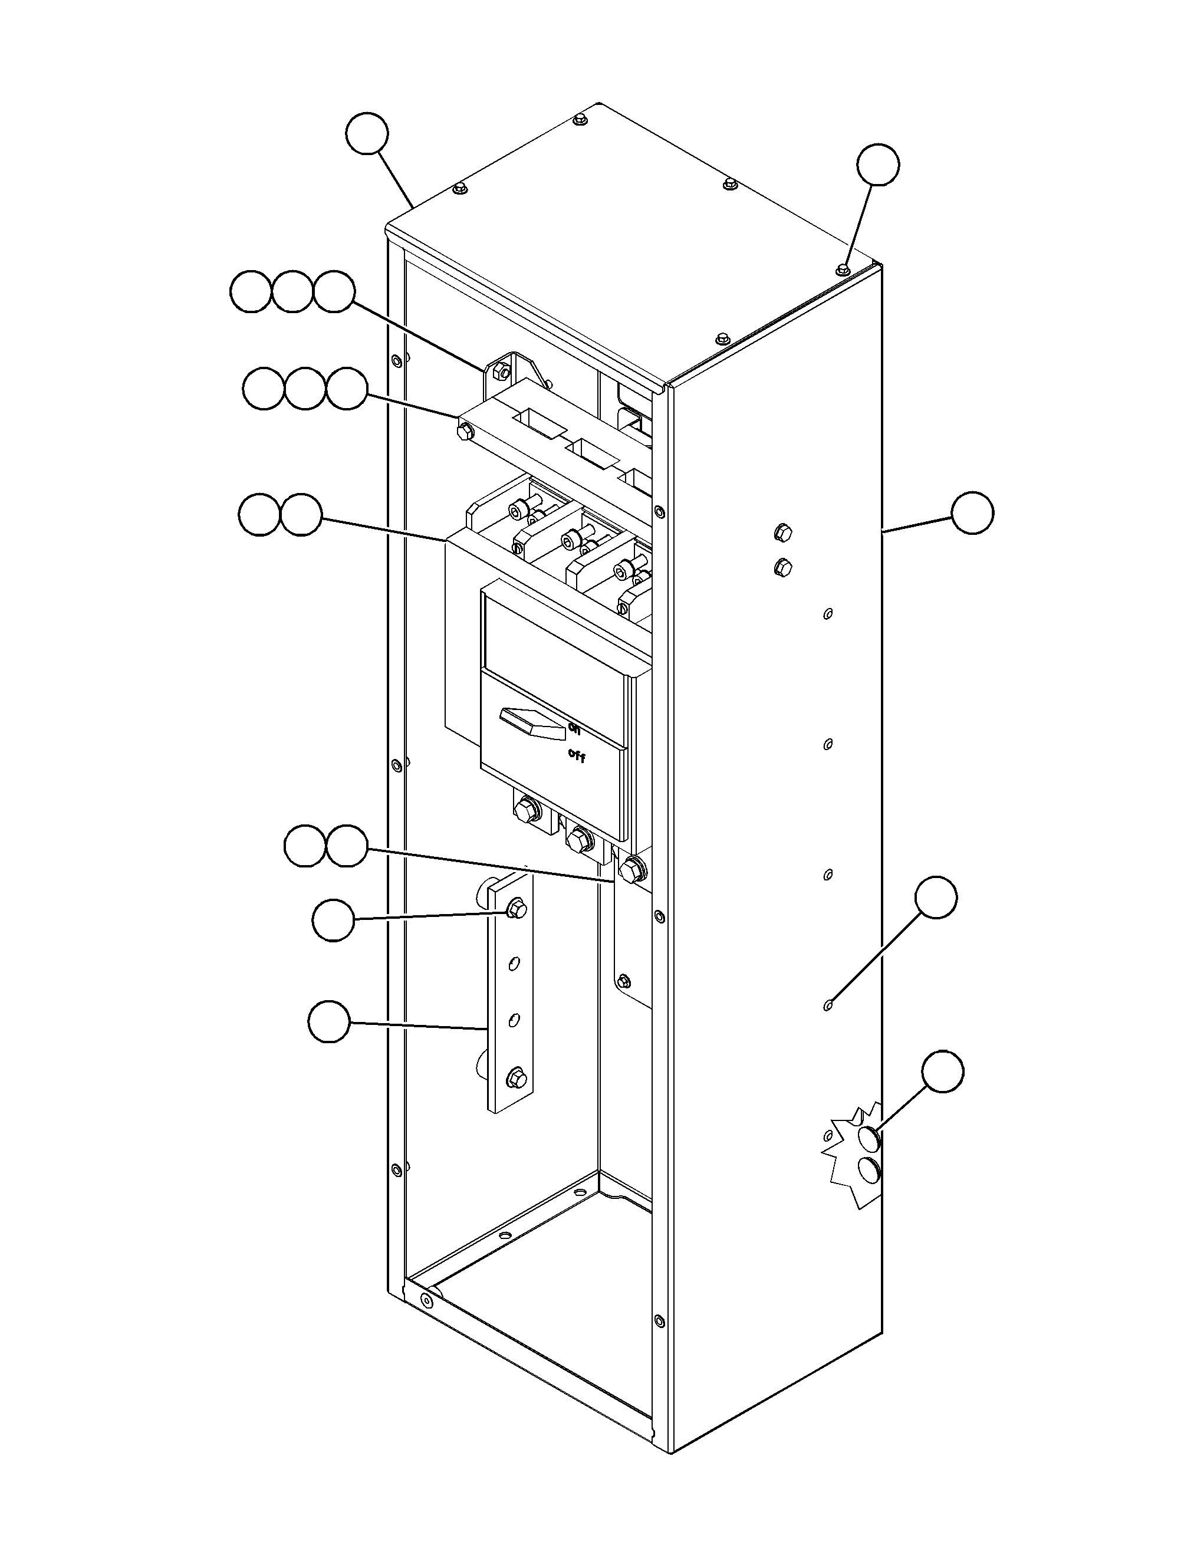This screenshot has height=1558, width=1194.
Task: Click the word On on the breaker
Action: [x=574, y=728]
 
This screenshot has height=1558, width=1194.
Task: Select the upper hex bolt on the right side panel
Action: [x=782, y=532]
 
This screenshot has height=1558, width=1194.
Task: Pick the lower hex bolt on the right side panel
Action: [x=782, y=567]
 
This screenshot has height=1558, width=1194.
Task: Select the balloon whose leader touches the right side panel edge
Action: [x=972, y=512]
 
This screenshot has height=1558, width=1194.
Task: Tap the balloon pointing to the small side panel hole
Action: [x=936, y=898]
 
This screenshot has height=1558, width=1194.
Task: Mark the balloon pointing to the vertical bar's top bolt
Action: [x=333, y=921]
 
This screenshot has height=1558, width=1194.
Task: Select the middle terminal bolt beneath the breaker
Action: [x=578, y=840]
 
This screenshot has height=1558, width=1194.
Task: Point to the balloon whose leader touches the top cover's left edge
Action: [x=367, y=134]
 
